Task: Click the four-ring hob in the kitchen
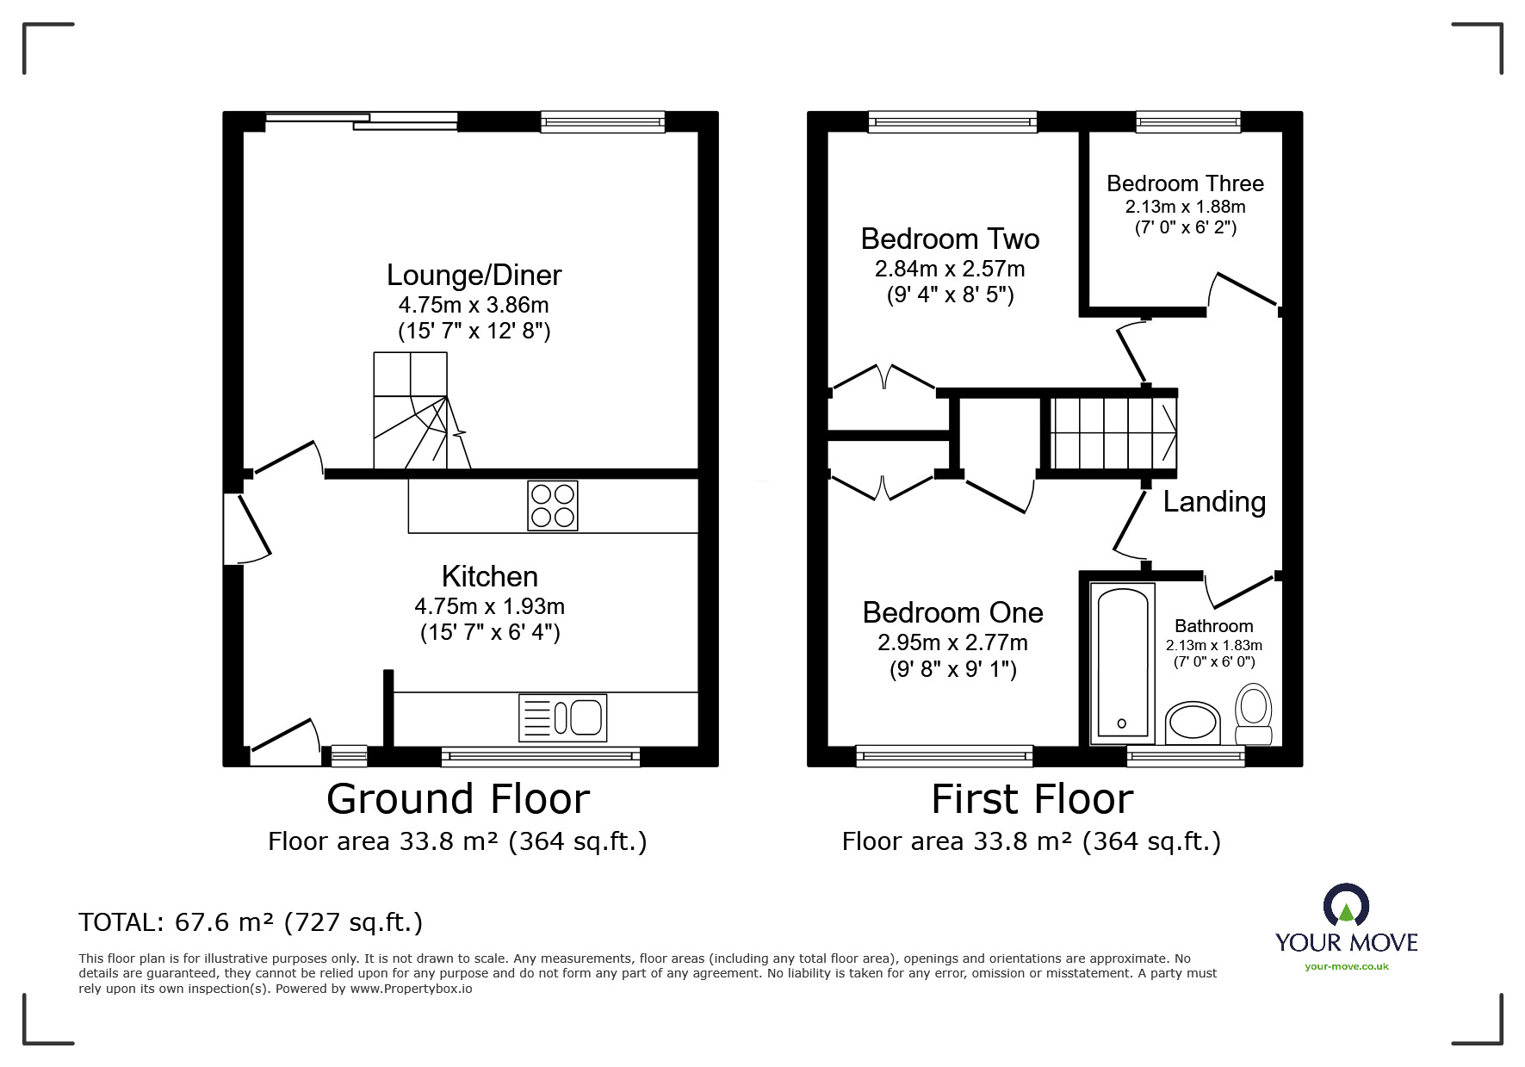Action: coord(553,506)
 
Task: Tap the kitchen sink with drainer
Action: coord(562,717)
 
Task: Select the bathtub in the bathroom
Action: coord(1122,662)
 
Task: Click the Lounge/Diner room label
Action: coord(474,276)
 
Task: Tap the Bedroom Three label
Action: coord(1185,183)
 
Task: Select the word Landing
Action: coord(1214,502)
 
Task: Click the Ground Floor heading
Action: coord(457,799)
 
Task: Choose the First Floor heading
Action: coord(1032,799)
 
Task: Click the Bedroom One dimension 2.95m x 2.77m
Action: coord(952,642)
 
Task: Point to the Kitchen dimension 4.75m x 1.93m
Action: coord(489,606)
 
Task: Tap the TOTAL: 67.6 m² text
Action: coord(251,923)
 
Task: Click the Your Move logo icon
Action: coord(1346,906)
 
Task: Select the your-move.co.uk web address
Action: coord(1346,966)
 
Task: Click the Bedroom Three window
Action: coord(1188,122)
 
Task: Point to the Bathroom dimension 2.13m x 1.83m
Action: coord(1214,645)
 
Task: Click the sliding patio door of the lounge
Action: coord(362,122)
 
